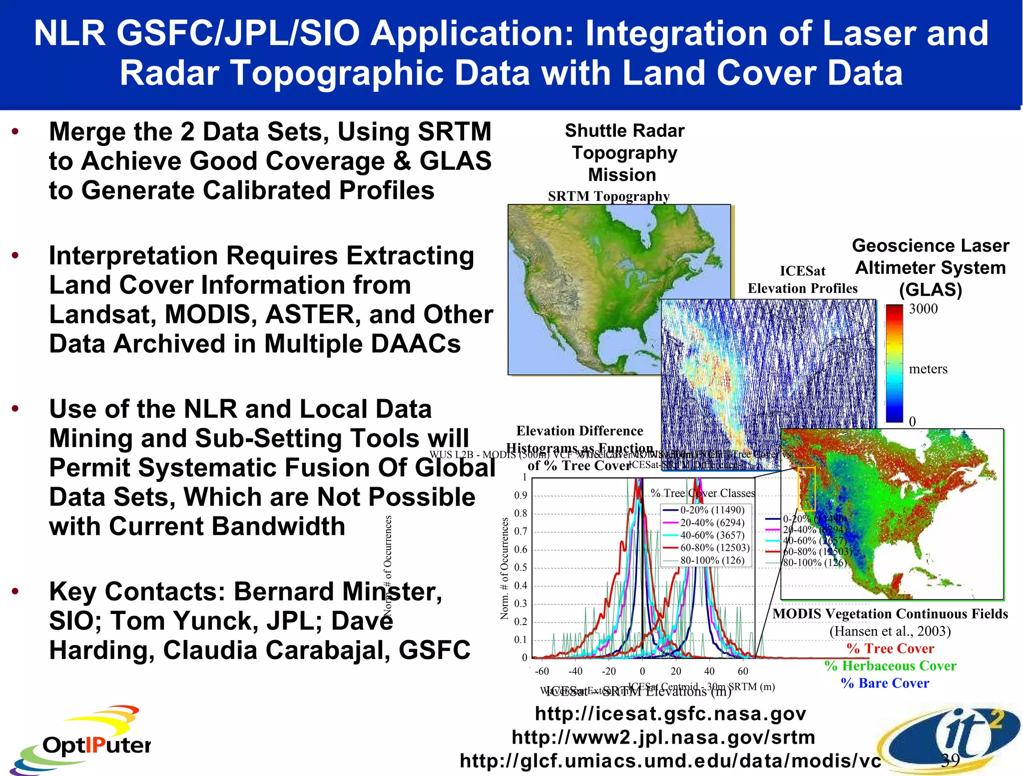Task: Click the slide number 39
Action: tap(950, 760)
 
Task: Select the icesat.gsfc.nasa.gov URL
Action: tap(670, 714)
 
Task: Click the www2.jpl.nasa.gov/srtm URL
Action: tap(663, 737)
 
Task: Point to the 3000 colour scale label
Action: tap(923, 309)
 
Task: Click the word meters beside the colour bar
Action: tap(928, 369)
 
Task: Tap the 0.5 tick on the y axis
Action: tap(520, 567)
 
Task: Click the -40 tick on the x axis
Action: tap(575, 671)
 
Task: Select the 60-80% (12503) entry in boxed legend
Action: tap(714, 548)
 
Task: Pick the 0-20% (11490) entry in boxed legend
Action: tap(712, 510)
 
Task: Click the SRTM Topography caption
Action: tap(608, 196)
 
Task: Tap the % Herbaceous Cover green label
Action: tap(890, 666)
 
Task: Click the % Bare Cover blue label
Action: tap(885, 683)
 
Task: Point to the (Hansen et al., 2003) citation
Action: tap(890, 631)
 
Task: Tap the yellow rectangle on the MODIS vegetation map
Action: tap(806, 489)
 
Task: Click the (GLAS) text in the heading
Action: tap(930, 290)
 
